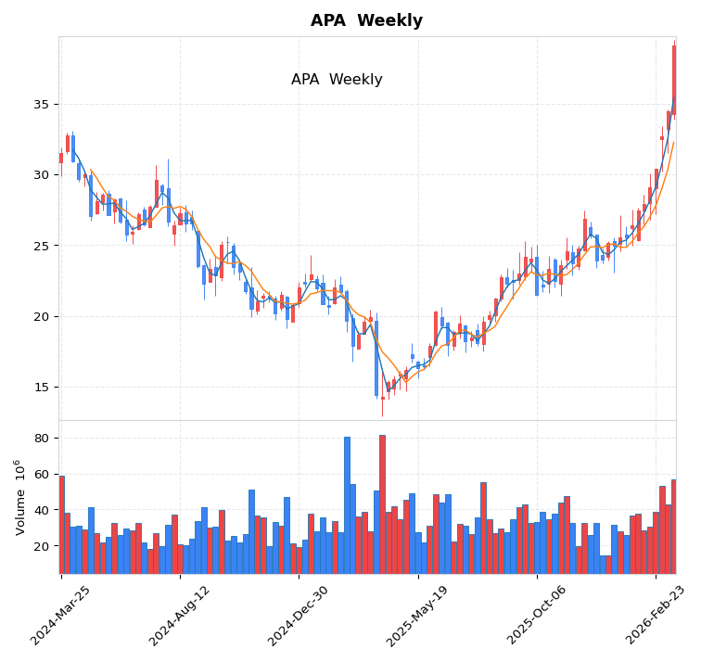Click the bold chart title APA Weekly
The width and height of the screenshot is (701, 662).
(366, 20)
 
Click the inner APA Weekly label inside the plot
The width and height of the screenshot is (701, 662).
(337, 80)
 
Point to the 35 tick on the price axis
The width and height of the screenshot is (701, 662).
(42, 104)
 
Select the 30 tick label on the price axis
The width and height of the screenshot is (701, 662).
(42, 174)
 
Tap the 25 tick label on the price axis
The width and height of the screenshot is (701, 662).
(42, 246)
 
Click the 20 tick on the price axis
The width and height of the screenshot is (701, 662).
(42, 316)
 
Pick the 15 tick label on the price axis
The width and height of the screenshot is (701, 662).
(42, 387)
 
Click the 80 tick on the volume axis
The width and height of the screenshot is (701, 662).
(42, 438)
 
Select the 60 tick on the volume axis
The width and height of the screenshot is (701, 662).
(42, 474)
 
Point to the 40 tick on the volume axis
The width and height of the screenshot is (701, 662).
(42, 510)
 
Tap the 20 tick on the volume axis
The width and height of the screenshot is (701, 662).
(42, 546)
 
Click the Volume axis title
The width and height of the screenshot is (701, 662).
(19, 497)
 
